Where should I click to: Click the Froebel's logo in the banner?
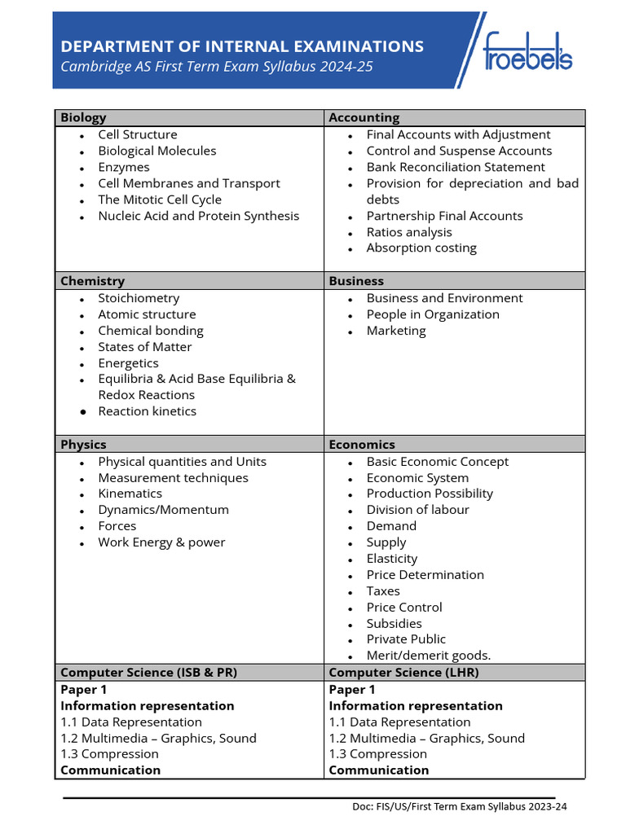click(x=527, y=50)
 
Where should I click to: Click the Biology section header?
click(x=83, y=117)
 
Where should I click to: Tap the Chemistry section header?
click(x=92, y=281)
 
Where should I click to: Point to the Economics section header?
click(x=362, y=445)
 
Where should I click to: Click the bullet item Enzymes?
click(x=124, y=167)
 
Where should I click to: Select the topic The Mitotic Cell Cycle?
click(x=160, y=200)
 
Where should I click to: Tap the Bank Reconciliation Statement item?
click(x=456, y=167)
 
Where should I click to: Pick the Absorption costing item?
click(x=421, y=248)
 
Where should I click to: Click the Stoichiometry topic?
click(x=139, y=298)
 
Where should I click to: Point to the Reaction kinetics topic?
click(x=147, y=411)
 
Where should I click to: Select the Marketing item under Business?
click(x=396, y=331)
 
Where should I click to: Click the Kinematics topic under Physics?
click(x=130, y=494)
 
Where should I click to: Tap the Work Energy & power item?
click(x=161, y=542)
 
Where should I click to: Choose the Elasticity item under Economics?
click(x=391, y=559)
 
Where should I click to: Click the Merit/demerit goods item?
click(x=429, y=656)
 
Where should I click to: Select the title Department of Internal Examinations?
click(x=242, y=46)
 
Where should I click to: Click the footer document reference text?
click(x=459, y=807)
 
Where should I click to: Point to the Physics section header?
click(x=83, y=445)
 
